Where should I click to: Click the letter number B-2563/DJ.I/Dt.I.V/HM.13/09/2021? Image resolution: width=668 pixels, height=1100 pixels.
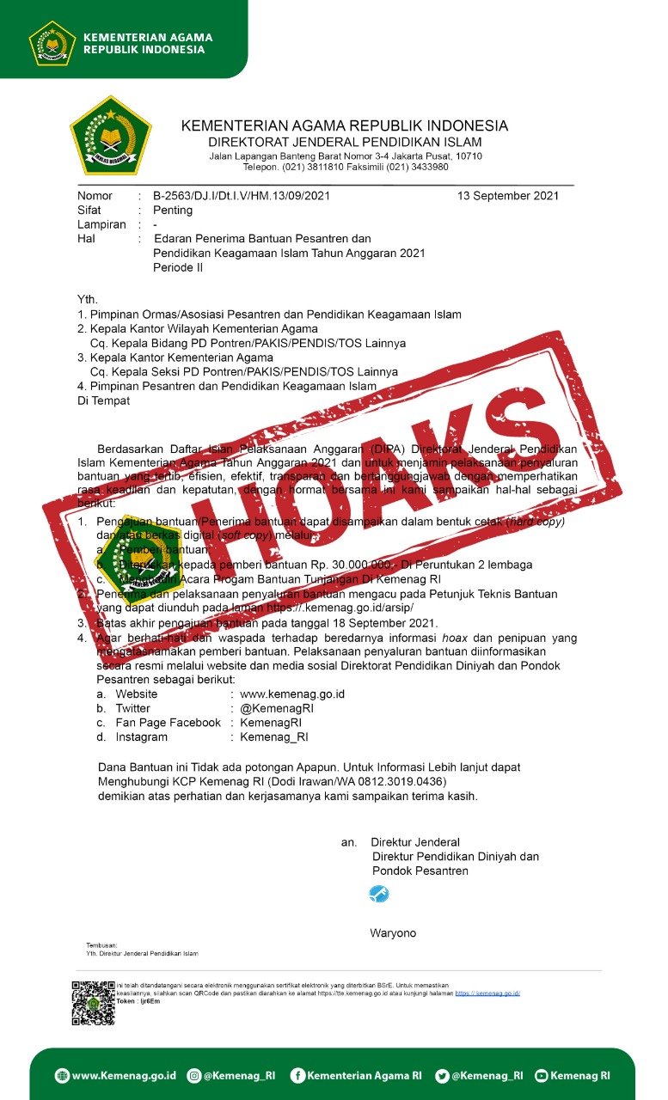(241, 196)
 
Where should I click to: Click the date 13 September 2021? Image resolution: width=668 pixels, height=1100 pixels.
(508, 196)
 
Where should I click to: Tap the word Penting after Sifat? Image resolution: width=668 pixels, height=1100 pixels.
(173, 211)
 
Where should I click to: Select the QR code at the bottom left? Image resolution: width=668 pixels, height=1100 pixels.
(93, 1002)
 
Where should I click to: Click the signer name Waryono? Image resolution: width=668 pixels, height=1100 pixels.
(393, 933)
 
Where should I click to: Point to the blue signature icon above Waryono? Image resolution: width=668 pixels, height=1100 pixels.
(378, 894)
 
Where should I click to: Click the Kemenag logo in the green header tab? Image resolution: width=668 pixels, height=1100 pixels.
(52, 42)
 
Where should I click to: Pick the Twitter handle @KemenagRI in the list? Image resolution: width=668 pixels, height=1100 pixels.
(277, 708)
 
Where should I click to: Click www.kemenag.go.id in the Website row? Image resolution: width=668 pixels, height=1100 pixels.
(292, 694)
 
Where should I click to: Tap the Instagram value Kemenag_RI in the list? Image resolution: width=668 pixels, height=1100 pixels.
(274, 737)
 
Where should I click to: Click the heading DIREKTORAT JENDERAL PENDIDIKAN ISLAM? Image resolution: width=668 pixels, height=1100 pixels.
(345, 142)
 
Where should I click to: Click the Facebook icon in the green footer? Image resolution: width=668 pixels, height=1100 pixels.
(297, 1075)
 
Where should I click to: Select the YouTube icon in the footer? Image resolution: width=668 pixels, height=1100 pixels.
(541, 1075)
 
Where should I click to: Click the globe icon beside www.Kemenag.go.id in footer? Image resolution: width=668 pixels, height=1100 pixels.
(62, 1075)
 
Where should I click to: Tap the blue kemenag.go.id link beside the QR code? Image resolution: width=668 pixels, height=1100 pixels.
(487, 993)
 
